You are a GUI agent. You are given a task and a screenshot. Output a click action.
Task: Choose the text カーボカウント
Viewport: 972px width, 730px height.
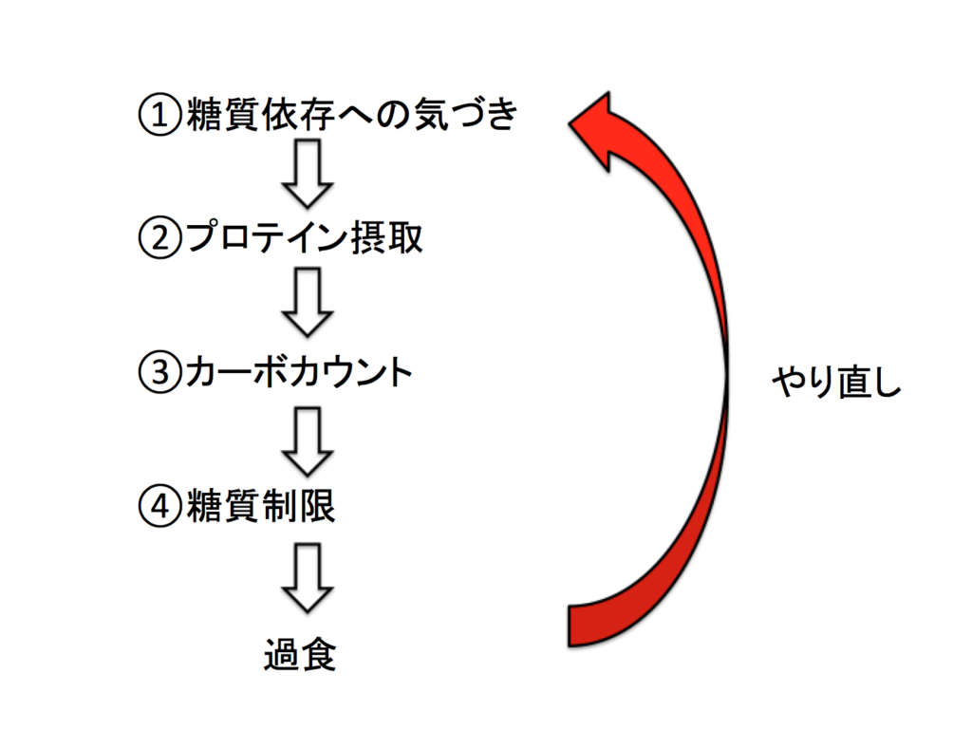(x=299, y=372)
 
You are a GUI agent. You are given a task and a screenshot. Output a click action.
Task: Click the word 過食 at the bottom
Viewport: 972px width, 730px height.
(x=300, y=655)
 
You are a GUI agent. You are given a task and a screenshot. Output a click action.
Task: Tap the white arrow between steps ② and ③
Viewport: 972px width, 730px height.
(x=309, y=302)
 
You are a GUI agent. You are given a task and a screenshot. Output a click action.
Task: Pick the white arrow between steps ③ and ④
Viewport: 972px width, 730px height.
(x=309, y=440)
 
